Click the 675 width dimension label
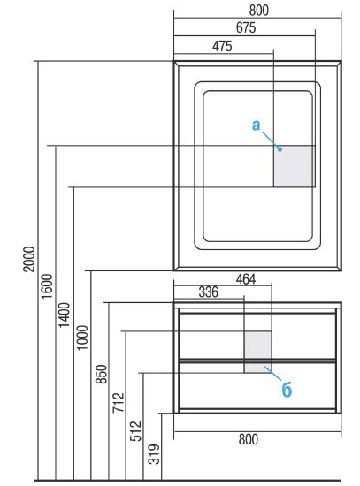click(x=246, y=27)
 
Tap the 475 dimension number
click(x=222, y=46)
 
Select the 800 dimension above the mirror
click(x=259, y=11)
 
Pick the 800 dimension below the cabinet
click(x=249, y=439)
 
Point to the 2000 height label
click(x=29, y=259)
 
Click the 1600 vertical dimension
click(x=47, y=286)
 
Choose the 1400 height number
click(x=65, y=315)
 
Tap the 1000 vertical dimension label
click(x=82, y=338)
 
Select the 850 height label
click(x=101, y=374)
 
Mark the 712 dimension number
click(x=119, y=402)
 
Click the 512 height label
click(x=135, y=431)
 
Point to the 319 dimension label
click(x=154, y=454)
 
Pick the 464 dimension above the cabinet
click(x=246, y=279)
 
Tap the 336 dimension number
click(x=208, y=292)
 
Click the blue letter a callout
click(x=256, y=125)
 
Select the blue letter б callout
click(x=287, y=390)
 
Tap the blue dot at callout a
click(x=280, y=149)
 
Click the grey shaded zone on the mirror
click(x=295, y=166)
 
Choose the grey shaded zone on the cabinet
click(x=258, y=352)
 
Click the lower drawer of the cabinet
click(x=257, y=387)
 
